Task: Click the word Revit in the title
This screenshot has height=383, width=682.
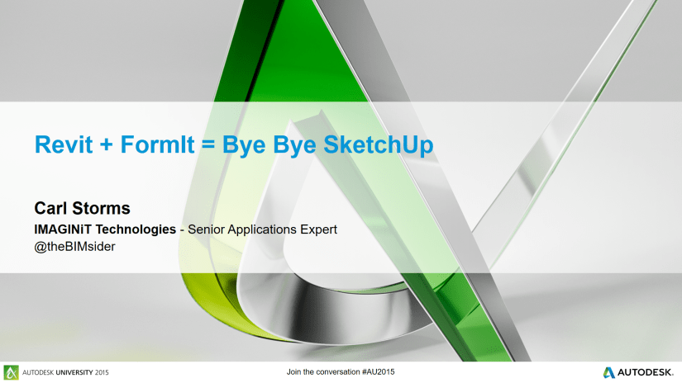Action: pyautogui.click(x=64, y=144)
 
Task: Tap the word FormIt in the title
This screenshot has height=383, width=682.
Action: pyautogui.click(x=157, y=144)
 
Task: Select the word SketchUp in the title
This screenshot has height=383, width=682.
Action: pyautogui.click(x=379, y=145)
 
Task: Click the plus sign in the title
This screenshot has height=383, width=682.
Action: pyautogui.click(x=106, y=145)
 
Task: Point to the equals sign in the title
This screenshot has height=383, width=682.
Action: pyautogui.click(x=208, y=145)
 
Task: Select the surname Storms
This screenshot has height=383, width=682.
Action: pyautogui.click(x=101, y=208)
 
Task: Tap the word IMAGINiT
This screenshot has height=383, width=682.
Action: pyautogui.click(x=63, y=229)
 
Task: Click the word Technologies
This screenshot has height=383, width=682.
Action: pyautogui.click(x=136, y=229)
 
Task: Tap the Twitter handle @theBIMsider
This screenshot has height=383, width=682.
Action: pyautogui.click(x=74, y=246)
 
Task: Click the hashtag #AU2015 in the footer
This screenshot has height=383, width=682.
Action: pyautogui.click(x=378, y=371)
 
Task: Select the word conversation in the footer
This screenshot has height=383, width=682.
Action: pyautogui.click(x=338, y=371)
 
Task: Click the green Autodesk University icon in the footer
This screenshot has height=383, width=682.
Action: pyautogui.click(x=12, y=372)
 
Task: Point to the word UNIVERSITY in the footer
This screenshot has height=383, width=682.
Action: pyautogui.click(x=74, y=372)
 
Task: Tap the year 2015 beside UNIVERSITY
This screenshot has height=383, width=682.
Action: pyautogui.click(x=102, y=372)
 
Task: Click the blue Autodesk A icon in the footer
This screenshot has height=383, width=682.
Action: pyautogui.click(x=609, y=372)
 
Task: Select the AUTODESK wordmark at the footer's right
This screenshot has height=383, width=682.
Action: pyautogui.click(x=646, y=372)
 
